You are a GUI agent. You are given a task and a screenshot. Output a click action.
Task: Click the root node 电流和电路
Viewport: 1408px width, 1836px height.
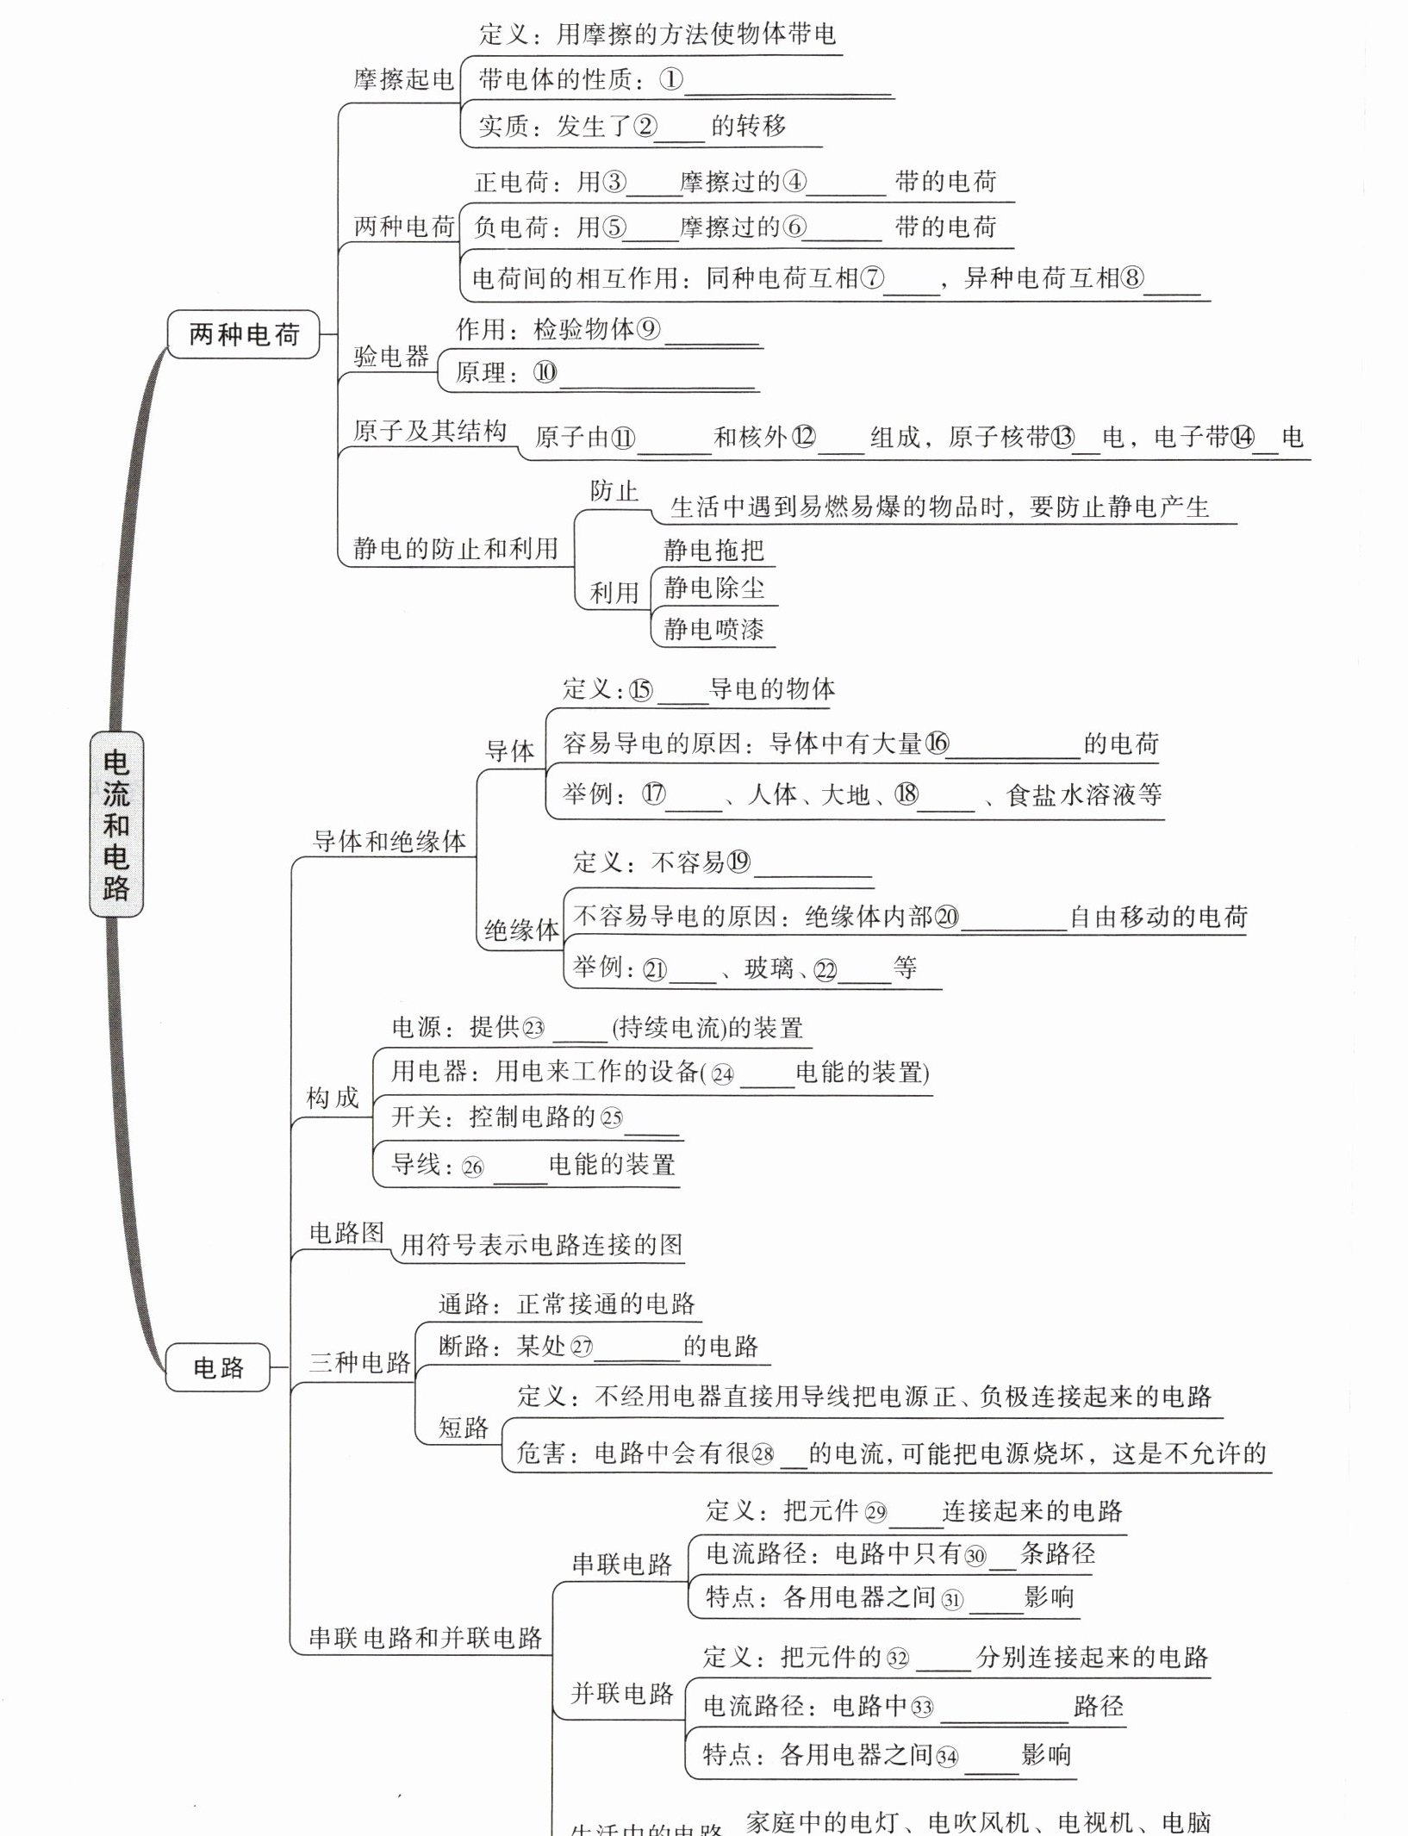click(116, 824)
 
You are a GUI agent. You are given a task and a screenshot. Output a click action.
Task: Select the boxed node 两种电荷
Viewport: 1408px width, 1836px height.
click(244, 334)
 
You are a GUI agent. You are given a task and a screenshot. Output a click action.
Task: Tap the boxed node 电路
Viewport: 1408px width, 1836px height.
click(218, 1366)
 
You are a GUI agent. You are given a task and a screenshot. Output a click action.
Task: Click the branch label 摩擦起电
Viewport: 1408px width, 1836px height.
click(403, 80)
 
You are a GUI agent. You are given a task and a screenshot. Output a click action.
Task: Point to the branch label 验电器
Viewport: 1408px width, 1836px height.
click(391, 356)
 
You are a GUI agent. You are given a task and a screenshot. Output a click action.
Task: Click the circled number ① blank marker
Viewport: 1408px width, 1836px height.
click(671, 80)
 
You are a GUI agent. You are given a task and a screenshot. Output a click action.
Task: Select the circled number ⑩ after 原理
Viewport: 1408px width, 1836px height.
click(545, 372)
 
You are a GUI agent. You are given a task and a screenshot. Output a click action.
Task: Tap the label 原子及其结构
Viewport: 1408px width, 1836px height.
click(430, 432)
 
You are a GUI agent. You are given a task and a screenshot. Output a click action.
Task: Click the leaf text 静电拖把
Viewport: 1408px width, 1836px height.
click(713, 550)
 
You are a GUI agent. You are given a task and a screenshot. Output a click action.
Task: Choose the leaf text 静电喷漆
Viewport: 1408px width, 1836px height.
click(713, 629)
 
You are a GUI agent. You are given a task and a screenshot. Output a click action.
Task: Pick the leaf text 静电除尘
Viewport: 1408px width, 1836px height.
click(713, 588)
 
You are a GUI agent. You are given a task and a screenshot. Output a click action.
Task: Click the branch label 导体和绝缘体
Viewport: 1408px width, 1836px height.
click(389, 841)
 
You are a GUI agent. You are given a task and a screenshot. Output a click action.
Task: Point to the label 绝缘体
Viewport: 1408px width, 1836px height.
click(521, 930)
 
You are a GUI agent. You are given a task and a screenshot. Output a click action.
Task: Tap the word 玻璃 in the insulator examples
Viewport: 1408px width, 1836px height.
click(769, 968)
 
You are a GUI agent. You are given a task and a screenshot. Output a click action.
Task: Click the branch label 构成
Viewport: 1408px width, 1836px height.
click(333, 1098)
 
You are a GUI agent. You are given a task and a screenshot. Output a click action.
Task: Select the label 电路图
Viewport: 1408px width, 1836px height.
click(346, 1233)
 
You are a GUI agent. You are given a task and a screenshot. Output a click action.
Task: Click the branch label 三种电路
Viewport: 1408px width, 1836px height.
click(360, 1362)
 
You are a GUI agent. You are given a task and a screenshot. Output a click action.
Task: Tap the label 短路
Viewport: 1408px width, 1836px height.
click(464, 1428)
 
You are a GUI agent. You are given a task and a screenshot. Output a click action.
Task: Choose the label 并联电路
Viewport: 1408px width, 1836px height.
click(622, 1694)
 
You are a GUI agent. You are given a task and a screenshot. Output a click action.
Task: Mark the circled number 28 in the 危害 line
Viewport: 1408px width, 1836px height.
click(763, 1455)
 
